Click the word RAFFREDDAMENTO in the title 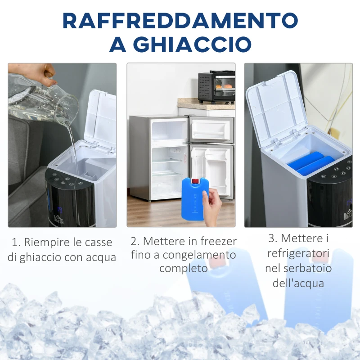[x=180, y=20]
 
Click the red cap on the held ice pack [x=195, y=182]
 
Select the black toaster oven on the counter [x=216, y=87]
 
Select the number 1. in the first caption [x=16, y=243]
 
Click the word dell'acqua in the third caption [x=298, y=283]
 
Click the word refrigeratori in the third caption [x=298, y=253]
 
